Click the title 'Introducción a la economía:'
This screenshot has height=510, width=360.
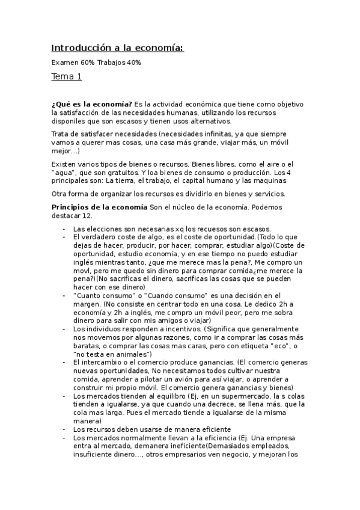pos(117,48)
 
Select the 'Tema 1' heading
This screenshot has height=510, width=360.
pos(67,77)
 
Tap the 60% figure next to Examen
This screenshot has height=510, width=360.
pos(87,63)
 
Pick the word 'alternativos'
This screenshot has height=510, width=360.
pos(210,121)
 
